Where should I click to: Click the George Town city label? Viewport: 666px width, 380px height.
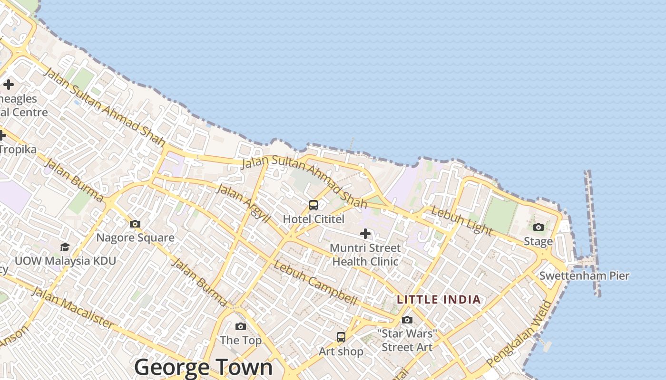[204, 367]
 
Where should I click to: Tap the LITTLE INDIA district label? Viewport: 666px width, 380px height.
[439, 300]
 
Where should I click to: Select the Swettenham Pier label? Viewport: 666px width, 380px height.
[584, 275]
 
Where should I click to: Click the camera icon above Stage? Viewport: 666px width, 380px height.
[539, 228]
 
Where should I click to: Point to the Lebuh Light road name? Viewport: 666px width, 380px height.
[461, 220]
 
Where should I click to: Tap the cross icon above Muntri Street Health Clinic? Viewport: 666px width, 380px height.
[365, 234]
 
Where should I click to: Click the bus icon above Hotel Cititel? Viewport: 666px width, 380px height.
[313, 205]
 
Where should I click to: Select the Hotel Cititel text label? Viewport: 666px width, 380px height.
[313, 219]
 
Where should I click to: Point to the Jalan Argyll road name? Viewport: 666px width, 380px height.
[243, 204]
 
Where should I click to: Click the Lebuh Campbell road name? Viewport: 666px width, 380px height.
[315, 283]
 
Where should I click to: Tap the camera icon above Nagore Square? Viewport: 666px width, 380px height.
[135, 224]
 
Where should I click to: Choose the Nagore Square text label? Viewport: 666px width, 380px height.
[135, 237]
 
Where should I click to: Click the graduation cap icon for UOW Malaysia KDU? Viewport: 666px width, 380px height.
[65, 247]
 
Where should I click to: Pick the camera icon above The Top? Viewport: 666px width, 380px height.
[241, 327]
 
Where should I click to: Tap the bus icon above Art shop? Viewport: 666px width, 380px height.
[341, 338]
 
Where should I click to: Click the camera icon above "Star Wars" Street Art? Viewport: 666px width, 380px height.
[407, 320]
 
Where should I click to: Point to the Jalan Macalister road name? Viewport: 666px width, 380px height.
[72, 308]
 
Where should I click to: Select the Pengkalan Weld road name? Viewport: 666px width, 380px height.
[520, 334]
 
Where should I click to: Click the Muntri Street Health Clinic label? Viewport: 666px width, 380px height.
[365, 255]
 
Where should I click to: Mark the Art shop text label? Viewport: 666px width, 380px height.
[341, 351]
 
